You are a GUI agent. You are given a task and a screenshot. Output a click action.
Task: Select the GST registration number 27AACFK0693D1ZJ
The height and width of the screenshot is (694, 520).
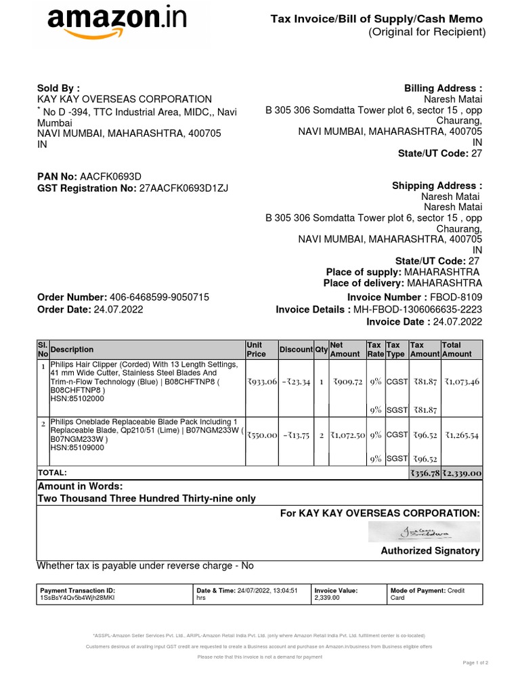coord(184,188)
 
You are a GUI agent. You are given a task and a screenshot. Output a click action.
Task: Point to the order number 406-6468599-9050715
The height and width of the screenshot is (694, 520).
coord(160,298)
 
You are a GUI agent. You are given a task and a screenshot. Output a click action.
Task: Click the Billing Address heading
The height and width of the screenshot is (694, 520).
coord(443,88)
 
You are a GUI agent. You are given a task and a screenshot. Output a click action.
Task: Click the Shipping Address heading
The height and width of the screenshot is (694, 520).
coord(437,186)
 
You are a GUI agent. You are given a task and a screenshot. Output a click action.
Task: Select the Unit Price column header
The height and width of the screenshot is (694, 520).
coord(256,349)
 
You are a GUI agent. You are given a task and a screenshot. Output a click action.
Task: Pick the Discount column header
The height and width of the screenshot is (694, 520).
coord(296,350)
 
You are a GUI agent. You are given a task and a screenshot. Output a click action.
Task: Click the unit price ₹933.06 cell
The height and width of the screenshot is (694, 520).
coord(262,382)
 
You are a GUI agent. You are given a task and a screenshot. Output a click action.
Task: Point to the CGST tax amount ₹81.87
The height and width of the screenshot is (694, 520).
coord(425,382)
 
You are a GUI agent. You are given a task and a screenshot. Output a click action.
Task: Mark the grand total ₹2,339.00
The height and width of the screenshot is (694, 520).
coord(462,473)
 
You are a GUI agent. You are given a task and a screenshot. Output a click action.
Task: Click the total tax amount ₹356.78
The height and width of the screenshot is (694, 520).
coord(425,473)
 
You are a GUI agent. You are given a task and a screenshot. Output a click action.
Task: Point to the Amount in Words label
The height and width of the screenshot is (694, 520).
coord(80,487)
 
